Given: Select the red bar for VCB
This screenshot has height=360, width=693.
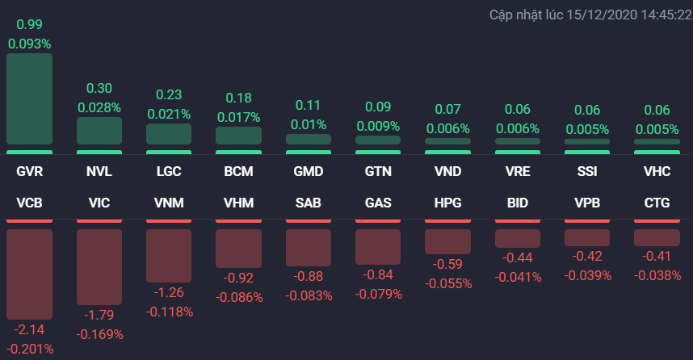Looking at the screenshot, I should coord(29,274).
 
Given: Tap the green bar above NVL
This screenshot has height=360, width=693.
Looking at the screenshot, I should coord(99,131).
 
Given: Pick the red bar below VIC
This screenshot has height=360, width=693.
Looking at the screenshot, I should coord(99,266).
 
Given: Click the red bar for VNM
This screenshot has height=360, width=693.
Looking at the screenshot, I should coord(169,255).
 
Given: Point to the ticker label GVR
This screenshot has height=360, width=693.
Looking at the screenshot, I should coord(29,172).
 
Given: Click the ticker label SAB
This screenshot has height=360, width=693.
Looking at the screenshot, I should coord(308,203).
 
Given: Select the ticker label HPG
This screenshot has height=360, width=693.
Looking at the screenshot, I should coord(447,203).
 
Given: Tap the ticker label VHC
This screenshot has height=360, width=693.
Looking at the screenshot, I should coord(656,172).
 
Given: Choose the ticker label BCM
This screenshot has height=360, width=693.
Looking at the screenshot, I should coord(238,172).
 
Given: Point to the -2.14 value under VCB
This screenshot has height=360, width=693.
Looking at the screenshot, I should coord(29,330).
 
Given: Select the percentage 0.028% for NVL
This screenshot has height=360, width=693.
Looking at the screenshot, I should coord(99,107).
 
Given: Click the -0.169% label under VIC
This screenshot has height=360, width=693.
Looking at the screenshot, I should coord(99,333).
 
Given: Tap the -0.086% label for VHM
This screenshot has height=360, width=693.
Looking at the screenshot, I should coord(238,297).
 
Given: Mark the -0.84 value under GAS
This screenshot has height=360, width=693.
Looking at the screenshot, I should coord(378,275).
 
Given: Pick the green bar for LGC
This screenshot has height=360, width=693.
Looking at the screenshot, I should coord(169,134).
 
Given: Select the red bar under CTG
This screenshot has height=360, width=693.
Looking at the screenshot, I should coord(656,237).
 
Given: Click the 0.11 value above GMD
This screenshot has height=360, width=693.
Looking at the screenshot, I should coord(308,105).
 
